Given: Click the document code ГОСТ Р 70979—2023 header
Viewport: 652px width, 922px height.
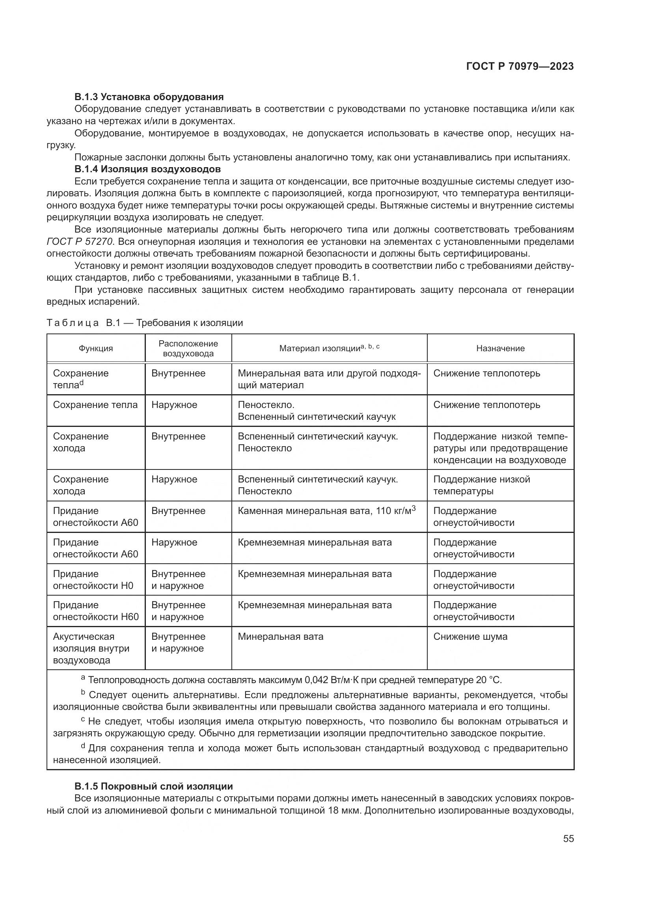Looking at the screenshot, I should click(x=520, y=67).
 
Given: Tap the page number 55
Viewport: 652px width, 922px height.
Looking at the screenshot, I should click(x=568, y=838).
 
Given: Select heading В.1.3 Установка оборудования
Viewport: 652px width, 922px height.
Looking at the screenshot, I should click(x=149, y=97).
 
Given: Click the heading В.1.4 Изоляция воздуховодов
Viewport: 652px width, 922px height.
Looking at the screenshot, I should click(x=147, y=169).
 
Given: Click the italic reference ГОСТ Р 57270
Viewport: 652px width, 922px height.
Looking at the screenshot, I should click(x=80, y=241).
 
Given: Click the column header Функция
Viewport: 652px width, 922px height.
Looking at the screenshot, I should click(x=95, y=348).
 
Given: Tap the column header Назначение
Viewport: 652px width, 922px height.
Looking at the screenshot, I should click(x=500, y=348).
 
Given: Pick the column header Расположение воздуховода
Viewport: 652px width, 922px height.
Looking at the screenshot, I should click(x=188, y=348).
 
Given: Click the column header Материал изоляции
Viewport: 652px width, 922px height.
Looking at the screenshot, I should click(x=329, y=348).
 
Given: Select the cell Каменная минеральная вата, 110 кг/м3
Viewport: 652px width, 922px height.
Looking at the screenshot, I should click(x=326, y=511).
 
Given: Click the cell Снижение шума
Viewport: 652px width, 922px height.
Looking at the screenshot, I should click(x=470, y=637).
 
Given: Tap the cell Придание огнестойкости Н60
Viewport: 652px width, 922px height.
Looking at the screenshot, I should click(x=95, y=611).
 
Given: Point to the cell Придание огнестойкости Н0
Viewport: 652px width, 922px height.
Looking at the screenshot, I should click(x=93, y=579).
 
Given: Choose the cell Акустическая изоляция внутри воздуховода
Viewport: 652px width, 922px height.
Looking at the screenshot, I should click(x=91, y=648).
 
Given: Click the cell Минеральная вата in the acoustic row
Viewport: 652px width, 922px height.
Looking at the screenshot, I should click(x=280, y=637).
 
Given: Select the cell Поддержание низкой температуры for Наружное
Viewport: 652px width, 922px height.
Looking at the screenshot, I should click(x=481, y=485).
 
